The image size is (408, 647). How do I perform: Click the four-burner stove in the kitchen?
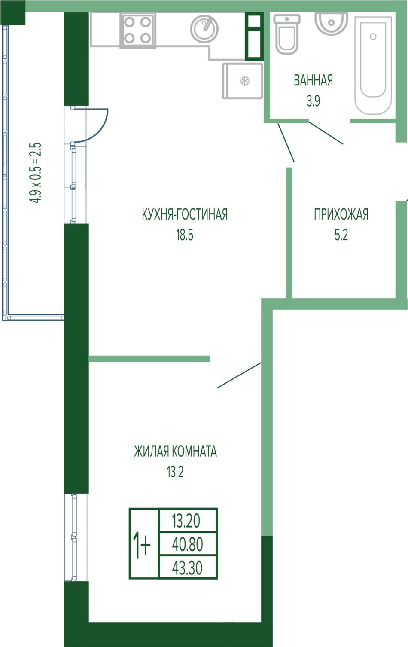point(138,31)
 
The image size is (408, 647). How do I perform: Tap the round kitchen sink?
point(204,29)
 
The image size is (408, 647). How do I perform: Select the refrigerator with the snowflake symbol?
point(243,81)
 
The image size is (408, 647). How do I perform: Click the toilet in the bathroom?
point(287,34)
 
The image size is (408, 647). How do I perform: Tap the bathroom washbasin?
point(331,24)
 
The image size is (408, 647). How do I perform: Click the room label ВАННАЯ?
point(313,80)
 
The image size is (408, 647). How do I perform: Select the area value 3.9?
point(313,101)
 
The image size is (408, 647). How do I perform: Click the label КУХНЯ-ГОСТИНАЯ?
point(185,214)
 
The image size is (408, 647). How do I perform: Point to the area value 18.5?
point(185,235)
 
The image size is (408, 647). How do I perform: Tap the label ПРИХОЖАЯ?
point(341,214)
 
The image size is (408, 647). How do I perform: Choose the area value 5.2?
point(341,235)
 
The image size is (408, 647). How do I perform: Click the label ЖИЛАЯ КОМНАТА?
point(175,452)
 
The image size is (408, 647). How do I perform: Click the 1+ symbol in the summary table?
point(141,545)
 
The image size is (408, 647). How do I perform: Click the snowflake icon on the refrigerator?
point(245,81)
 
